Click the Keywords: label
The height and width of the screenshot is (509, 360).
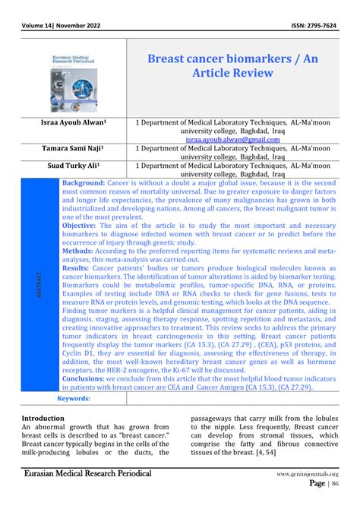74,398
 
